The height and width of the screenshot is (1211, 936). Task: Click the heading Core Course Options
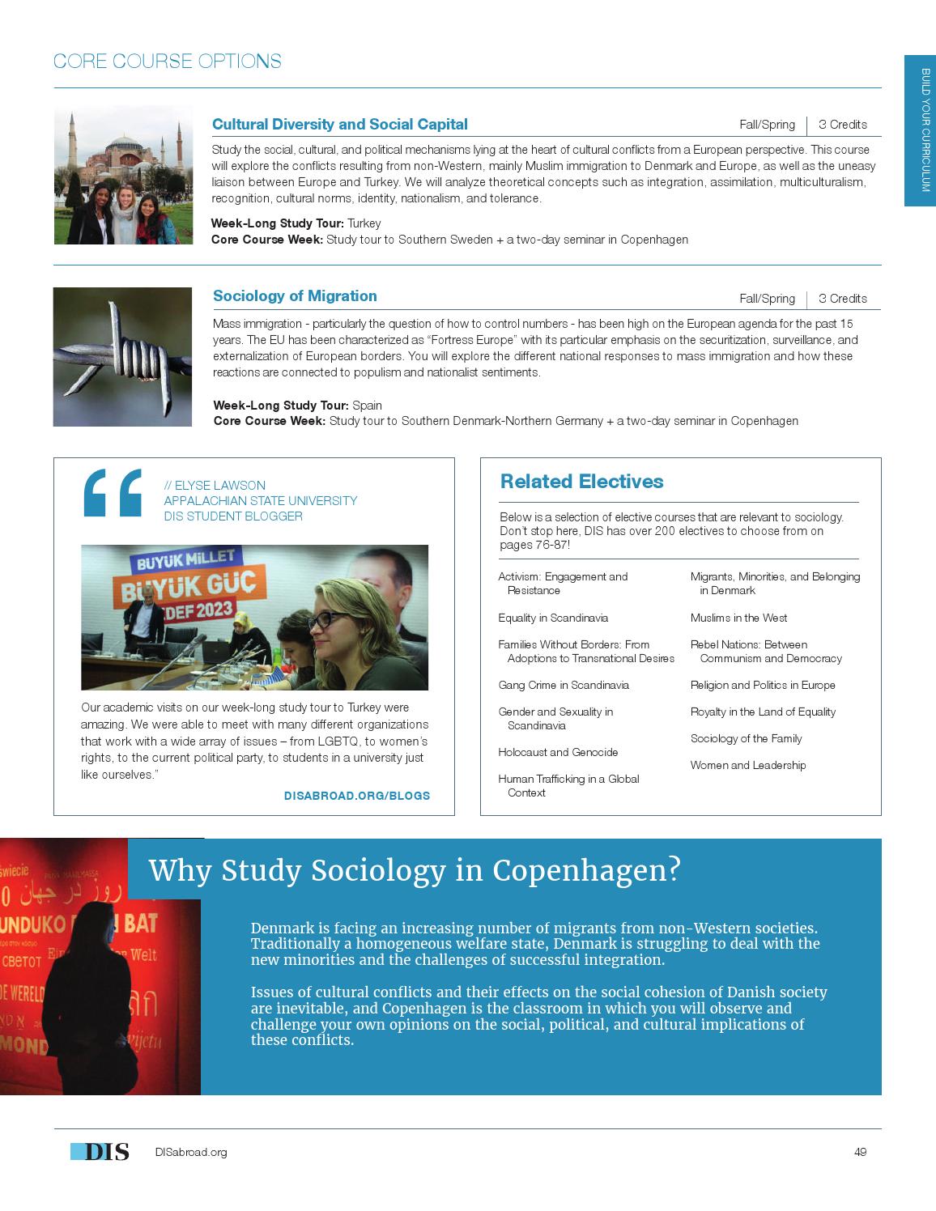pyautogui.click(x=167, y=62)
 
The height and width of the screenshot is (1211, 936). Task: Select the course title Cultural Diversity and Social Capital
pyautogui.click(x=339, y=125)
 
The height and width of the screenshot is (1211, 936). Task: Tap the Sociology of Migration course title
pyautogui.click(x=295, y=296)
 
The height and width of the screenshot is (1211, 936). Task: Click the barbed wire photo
pyautogui.click(x=122, y=356)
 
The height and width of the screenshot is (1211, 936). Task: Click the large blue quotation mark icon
pyautogui.click(x=113, y=492)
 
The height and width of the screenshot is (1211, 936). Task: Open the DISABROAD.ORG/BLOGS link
pyautogui.click(x=356, y=796)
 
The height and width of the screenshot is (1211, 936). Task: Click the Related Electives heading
pyautogui.click(x=581, y=482)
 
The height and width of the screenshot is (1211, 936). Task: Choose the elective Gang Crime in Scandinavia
pyautogui.click(x=564, y=685)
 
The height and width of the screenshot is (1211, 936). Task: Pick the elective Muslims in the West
pyautogui.click(x=738, y=618)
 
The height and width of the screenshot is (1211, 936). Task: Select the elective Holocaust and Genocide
pyautogui.click(x=558, y=752)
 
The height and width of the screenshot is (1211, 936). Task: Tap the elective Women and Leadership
pyautogui.click(x=747, y=765)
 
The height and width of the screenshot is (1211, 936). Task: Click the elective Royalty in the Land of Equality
pyautogui.click(x=763, y=712)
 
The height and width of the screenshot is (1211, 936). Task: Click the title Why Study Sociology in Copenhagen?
pyautogui.click(x=415, y=871)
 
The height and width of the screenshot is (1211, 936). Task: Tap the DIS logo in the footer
pyautogui.click(x=100, y=1152)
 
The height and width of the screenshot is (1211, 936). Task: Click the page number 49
pyautogui.click(x=860, y=1152)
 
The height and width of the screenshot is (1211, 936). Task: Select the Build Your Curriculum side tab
pyautogui.click(x=920, y=130)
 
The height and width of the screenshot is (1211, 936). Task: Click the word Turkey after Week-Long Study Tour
pyautogui.click(x=364, y=223)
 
